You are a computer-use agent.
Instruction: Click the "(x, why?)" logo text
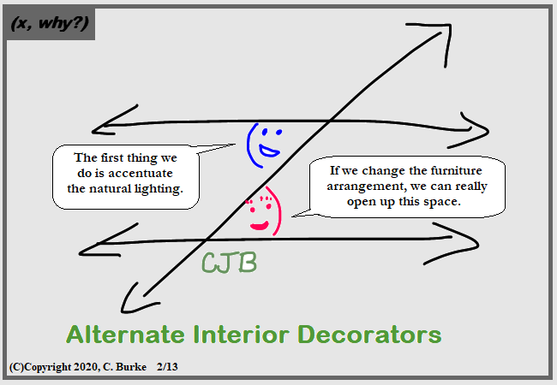coord(50,23)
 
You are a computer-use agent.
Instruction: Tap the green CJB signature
coord(229,263)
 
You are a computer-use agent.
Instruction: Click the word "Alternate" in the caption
coord(125,335)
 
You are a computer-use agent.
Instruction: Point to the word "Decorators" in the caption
coord(369,335)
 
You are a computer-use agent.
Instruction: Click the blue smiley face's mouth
coord(269,151)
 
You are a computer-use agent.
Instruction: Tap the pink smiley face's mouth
coord(260,226)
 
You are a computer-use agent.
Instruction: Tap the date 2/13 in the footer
coord(167,366)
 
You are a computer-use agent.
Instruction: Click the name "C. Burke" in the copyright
coord(124,366)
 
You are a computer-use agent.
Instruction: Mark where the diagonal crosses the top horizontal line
coord(330,121)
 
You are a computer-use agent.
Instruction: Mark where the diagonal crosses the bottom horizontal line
coord(206,241)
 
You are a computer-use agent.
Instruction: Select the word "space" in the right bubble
coord(443,202)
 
